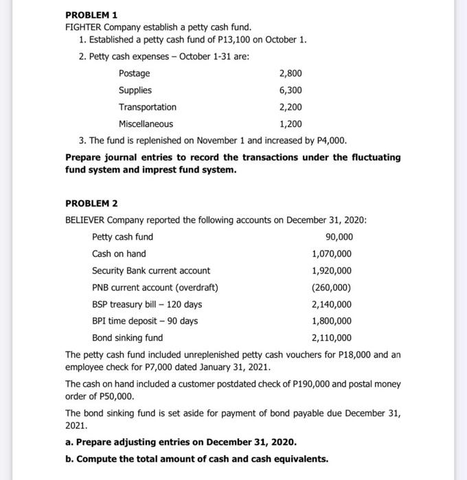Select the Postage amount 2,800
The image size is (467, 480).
[290, 73]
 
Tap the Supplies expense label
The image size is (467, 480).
[135, 91]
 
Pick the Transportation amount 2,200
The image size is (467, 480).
[290, 107]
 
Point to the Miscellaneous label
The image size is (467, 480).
[146, 124]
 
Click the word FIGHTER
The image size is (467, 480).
[84, 27]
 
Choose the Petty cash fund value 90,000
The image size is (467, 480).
[337, 237]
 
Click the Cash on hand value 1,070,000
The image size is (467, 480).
[332, 254]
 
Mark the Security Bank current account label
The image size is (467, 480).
[151, 271]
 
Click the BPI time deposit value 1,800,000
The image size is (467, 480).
[332, 321]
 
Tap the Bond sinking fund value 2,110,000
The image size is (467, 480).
[332, 338]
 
